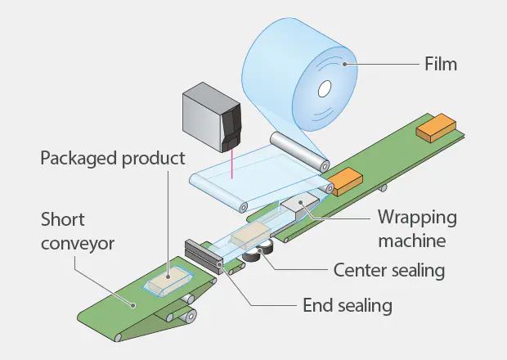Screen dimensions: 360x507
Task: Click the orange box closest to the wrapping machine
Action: click(x=345, y=178)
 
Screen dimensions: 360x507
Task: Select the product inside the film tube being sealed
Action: click(x=248, y=236)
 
